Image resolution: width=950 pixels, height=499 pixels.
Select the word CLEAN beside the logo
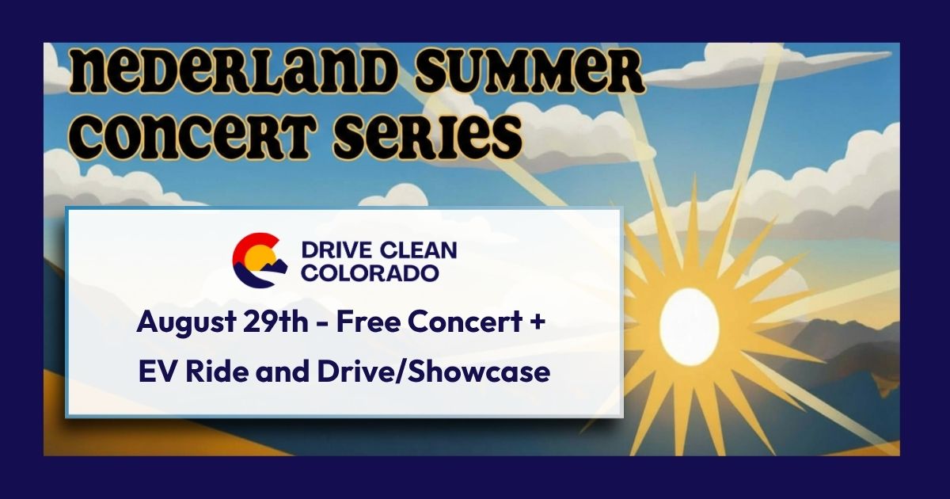(418, 250)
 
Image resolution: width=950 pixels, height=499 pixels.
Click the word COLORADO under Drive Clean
(370, 273)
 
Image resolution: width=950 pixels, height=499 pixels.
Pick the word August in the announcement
(186, 323)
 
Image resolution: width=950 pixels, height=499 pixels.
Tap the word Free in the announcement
(369, 322)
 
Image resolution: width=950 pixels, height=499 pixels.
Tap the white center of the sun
(690, 323)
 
